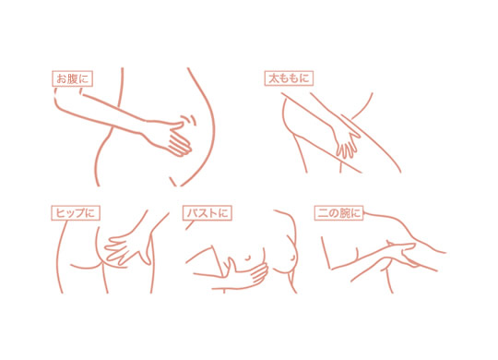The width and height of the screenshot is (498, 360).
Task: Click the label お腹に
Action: tap(73, 78)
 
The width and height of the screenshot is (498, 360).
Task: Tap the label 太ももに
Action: tap(289, 78)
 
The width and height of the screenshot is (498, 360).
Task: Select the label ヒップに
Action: tap(76, 213)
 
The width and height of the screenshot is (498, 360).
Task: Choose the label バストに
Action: tap(207, 212)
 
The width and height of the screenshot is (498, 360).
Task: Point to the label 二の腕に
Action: tap(338, 212)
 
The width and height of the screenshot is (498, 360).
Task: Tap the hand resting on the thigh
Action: tap(346, 141)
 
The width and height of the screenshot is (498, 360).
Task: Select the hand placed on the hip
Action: tap(128, 248)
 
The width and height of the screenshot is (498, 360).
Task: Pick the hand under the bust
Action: tap(248, 273)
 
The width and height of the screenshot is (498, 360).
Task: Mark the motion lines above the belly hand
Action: tap(189, 120)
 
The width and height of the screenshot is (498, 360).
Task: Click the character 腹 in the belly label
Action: tap(73, 78)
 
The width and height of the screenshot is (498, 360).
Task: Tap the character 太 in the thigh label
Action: tap(274, 78)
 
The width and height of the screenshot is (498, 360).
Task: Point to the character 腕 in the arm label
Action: tap(345, 212)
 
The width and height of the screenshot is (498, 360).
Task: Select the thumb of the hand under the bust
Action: tap(231, 265)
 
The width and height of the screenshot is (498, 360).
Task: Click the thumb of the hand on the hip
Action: tap(148, 251)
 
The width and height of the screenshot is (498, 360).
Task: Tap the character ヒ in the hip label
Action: tap(61, 213)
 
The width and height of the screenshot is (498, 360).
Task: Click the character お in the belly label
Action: tap(61, 78)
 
